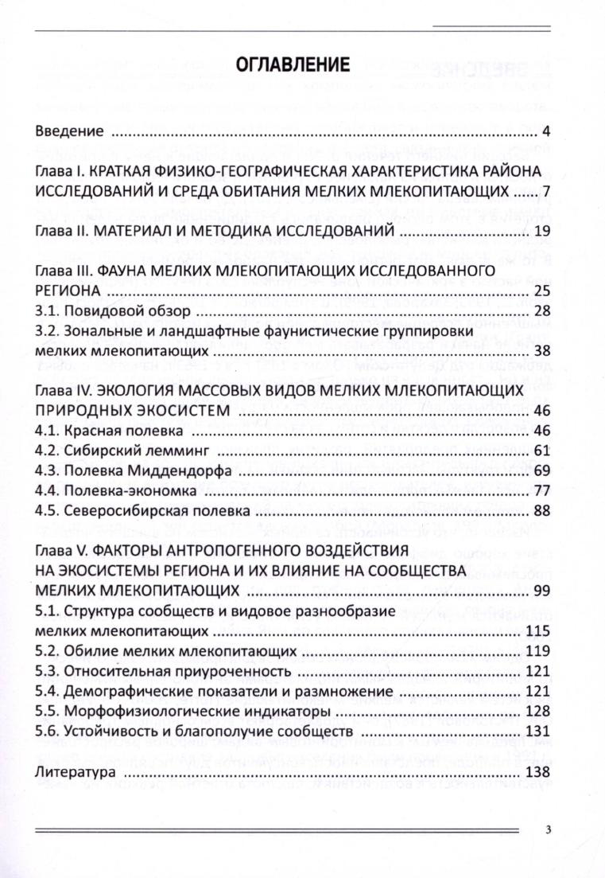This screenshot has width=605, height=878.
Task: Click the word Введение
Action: tap(70, 131)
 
